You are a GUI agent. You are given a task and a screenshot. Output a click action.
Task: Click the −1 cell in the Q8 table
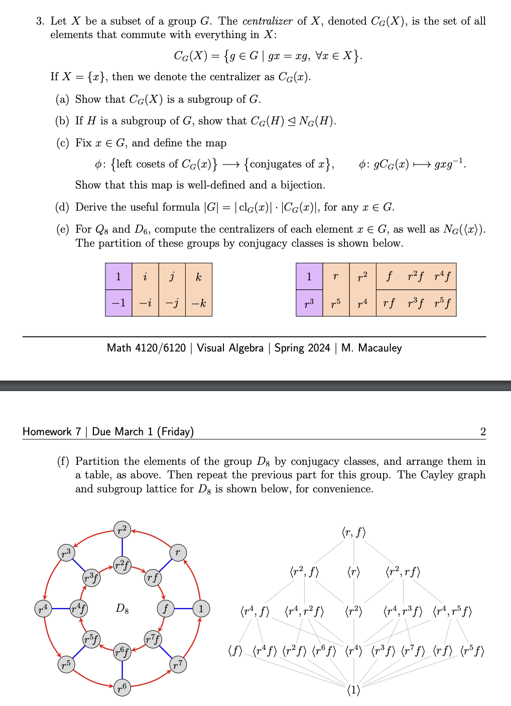[x=118, y=303]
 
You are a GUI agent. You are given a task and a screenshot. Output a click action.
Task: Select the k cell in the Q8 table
[x=199, y=277]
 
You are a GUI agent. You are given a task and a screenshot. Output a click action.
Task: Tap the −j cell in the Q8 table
[x=172, y=303]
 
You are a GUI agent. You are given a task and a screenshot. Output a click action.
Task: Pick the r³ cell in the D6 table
[x=309, y=303]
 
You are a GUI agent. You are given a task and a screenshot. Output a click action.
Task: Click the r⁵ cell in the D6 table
[x=336, y=303]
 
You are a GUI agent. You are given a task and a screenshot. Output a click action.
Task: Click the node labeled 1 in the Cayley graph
[x=201, y=609]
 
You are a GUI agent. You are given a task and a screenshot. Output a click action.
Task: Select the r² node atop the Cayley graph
[x=122, y=529]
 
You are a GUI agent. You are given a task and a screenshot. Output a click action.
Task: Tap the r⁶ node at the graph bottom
[x=122, y=687]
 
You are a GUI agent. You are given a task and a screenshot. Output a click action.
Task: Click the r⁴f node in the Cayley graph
[x=78, y=609]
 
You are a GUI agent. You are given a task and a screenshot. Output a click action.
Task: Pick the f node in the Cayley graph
[x=165, y=609]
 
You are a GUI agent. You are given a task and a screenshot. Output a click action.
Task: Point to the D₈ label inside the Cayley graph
[x=122, y=609]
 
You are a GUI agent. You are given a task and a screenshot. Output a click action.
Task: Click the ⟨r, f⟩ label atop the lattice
[x=354, y=533]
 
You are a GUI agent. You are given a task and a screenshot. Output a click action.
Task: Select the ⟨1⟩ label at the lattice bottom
[x=354, y=690]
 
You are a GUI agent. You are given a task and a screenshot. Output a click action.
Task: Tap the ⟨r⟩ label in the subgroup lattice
[x=354, y=572]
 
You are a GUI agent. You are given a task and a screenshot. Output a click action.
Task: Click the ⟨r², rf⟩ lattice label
[x=403, y=572]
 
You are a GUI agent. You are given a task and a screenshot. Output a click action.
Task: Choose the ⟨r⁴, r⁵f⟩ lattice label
[x=452, y=611]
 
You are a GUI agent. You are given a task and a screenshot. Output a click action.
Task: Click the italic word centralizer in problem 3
[x=267, y=21]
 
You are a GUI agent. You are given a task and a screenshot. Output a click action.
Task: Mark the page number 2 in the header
[x=483, y=432]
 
